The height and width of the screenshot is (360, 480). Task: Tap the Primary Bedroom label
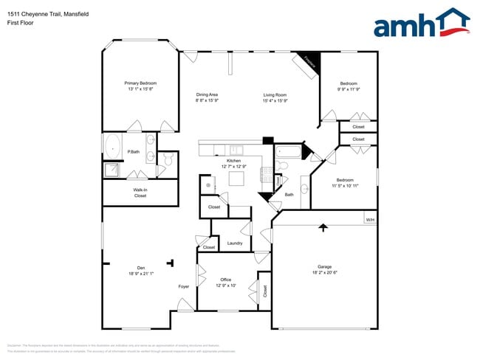[x=140, y=86]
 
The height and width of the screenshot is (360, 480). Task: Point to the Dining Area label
[x=207, y=97]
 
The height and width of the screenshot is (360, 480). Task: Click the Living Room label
[x=275, y=97]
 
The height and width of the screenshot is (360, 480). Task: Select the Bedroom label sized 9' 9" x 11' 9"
[x=349, y=86]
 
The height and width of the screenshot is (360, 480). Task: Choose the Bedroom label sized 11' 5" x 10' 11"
[x=345, y=183]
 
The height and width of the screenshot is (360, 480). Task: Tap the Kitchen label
[x=233, y=163]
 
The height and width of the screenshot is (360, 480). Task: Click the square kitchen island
[x=236, y=179]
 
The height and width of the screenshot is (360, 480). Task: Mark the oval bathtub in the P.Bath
[x=113, y=146]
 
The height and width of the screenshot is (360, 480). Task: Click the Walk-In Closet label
[x=140, y=193]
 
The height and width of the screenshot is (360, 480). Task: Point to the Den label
[x=140, y=270]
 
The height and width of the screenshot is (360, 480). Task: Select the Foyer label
[x=184, y=286]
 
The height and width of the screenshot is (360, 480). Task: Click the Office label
[x=226, y=282]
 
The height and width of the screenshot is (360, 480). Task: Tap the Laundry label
[x=235, y=243]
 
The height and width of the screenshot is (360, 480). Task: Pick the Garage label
[x=324, y=269]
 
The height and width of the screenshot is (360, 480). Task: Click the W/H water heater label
[x=370, y=220]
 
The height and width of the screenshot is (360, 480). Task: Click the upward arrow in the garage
[x=322, y=228]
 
